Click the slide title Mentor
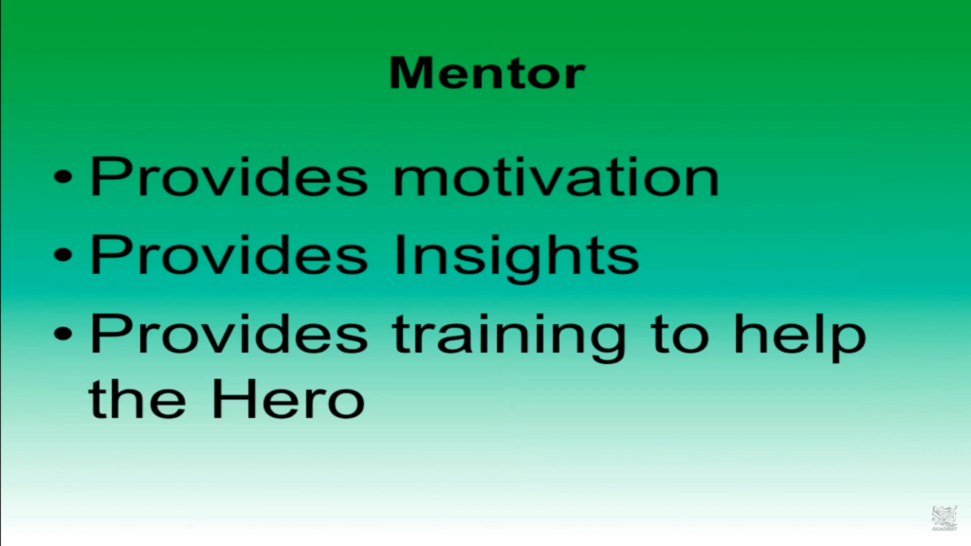(x=486, y=73)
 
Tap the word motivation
(x=556, y=176)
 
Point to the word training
(x=509, y=337)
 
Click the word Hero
(x=288, y=398)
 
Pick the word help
(x=799, y=337)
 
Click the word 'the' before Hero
(x=137, y=397)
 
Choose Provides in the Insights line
(x=229, y=254)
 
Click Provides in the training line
(x=229, y=333)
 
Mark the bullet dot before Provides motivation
(x=64, y=177)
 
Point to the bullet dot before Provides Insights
(x=64, y=254)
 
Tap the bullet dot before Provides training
(x=64, y=334)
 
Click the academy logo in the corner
(x=944, y=519)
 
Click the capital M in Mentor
(x=411, y=73)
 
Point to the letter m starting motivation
(x=420, y=182)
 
